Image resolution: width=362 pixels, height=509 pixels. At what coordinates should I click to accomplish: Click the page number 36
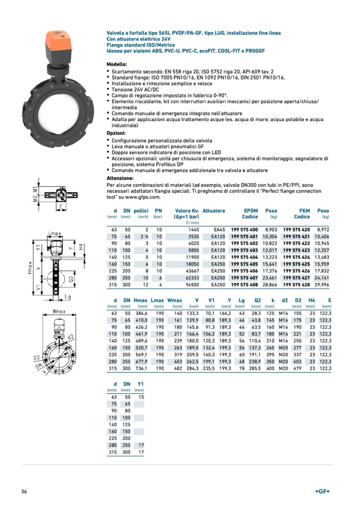click(x=24, y=491)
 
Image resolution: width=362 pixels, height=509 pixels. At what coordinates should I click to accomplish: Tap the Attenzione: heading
click(x=120, y=178)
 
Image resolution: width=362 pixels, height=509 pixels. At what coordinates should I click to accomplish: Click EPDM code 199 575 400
click(x=244, y=230)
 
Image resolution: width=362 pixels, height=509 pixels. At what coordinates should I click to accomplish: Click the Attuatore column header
click(x=214, y=211)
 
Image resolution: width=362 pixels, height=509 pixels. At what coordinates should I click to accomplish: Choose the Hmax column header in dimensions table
click(x=141, y=300)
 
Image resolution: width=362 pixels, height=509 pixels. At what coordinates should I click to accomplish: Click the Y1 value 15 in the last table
click(x=141, y=397)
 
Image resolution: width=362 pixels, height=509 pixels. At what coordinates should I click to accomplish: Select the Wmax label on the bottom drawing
click(x=59, y=312)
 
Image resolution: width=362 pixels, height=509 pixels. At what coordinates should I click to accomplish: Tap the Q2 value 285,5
click(x=254, y=368)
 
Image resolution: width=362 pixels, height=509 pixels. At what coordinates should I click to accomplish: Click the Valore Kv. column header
click(x=187, y=211)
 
